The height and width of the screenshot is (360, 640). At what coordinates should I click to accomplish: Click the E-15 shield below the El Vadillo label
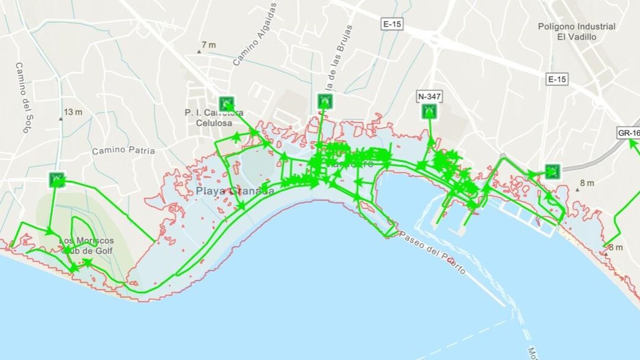[557, 79]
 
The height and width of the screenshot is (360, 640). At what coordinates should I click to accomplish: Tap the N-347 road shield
[429, 96]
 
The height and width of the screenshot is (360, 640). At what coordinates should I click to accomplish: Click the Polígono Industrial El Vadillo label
[576, 32]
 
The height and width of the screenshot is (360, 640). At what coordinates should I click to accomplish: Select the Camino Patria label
[123, 151]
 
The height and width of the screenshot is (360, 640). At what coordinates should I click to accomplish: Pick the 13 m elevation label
[73, 112]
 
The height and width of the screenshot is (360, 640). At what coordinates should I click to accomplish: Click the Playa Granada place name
[235, 191]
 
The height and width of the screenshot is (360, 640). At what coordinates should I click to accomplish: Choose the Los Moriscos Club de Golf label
[86, 246]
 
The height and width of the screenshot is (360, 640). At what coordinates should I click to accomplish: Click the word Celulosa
[214, 123]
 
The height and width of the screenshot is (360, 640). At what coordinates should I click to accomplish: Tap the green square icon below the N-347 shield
[428, 111]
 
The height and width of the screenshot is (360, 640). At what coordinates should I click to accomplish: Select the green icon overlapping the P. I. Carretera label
[227, 104]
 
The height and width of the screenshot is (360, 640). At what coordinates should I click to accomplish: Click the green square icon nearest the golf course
[57, 180]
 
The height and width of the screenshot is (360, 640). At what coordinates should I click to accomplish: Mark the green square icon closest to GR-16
[552, 171]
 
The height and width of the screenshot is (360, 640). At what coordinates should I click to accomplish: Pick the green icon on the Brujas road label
[325, 101]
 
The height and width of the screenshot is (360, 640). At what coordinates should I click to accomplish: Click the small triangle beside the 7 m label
[199, 52]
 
